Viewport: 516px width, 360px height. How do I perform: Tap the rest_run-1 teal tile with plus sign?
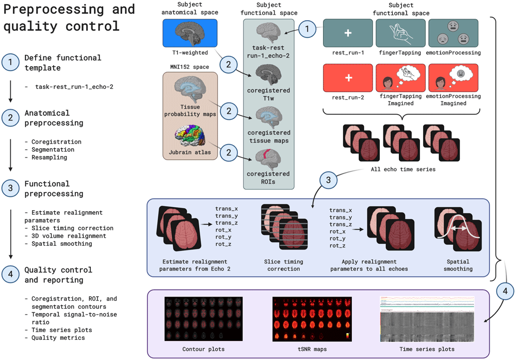(348, 33)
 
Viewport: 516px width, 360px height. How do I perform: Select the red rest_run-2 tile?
(348, 77)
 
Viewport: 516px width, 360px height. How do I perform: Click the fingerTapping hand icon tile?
(400, 33)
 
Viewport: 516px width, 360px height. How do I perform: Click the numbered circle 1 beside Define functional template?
(10, 63)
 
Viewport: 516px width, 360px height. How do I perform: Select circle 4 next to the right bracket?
(504, 290)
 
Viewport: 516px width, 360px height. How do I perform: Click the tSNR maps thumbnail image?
(312, 319)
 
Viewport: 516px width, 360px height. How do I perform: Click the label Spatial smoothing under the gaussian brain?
(458, 265)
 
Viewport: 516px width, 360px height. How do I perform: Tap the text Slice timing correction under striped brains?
(283, 265)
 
